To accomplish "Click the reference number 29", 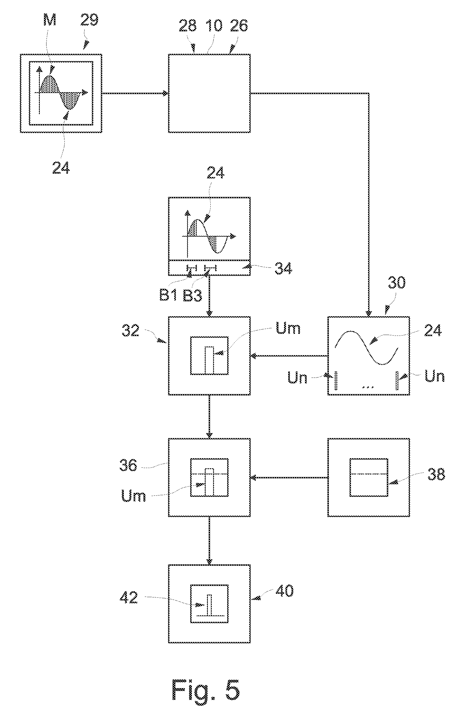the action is pyautogui.click(x=89, y=20).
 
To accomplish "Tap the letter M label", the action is pyautogui.click(x=50, y=20).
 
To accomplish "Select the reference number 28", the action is pyautogui.click(x=188, y=25).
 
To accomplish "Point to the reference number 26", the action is pyautogui.click(x=239, y=25).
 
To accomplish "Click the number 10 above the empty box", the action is pyautogui.click(x=214, y=25).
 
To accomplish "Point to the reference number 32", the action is pyautogui.click(x=131, y=331).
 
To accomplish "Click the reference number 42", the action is pyautogui.click(x=129, y=597).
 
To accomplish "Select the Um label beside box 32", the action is pyautogui.click(x=288, y=328).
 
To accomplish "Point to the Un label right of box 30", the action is pyautogui.click(x=434, y=376).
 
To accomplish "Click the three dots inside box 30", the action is pyautogui.click(x=368, y=387).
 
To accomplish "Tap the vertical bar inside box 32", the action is pyautogui.click(x=209, y=360).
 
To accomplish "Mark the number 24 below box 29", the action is pyautogui.click(x=61, y=167).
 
